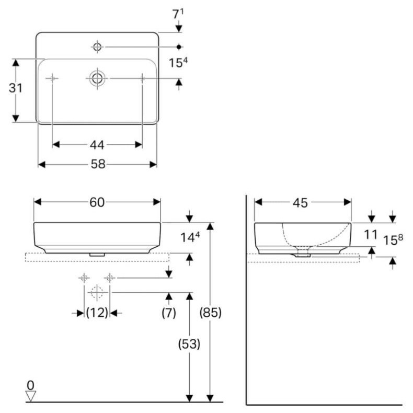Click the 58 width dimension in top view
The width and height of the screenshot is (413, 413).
pos(98,164)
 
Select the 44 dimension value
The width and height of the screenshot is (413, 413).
pos(97,145)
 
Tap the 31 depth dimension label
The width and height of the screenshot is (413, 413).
pos(16,88)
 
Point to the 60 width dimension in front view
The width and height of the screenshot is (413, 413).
pos(97,202)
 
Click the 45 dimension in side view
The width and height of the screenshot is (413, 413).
pos(300,202)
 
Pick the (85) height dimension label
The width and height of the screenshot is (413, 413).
pos(211,313)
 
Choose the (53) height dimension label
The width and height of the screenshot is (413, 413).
pos(190,344)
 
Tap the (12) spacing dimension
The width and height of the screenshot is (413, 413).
pos(97,313)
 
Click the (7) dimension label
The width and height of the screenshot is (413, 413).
pos(168,313)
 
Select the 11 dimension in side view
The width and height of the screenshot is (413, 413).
pos(371,234)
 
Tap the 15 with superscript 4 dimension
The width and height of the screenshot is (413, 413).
pos(178,63)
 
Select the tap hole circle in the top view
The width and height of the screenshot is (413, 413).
pos(97,47)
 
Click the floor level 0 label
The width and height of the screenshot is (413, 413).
pos(31,385)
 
